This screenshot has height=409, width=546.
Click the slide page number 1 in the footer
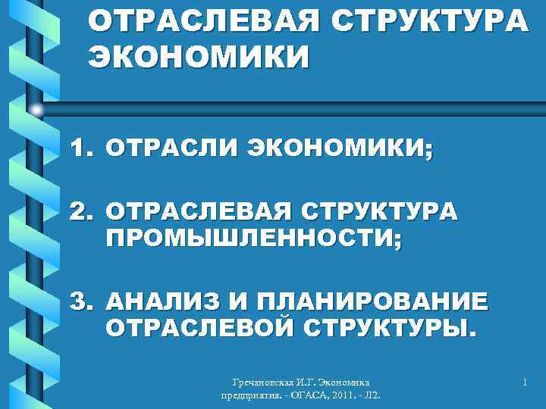524,384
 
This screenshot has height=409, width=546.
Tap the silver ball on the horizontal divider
36,110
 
